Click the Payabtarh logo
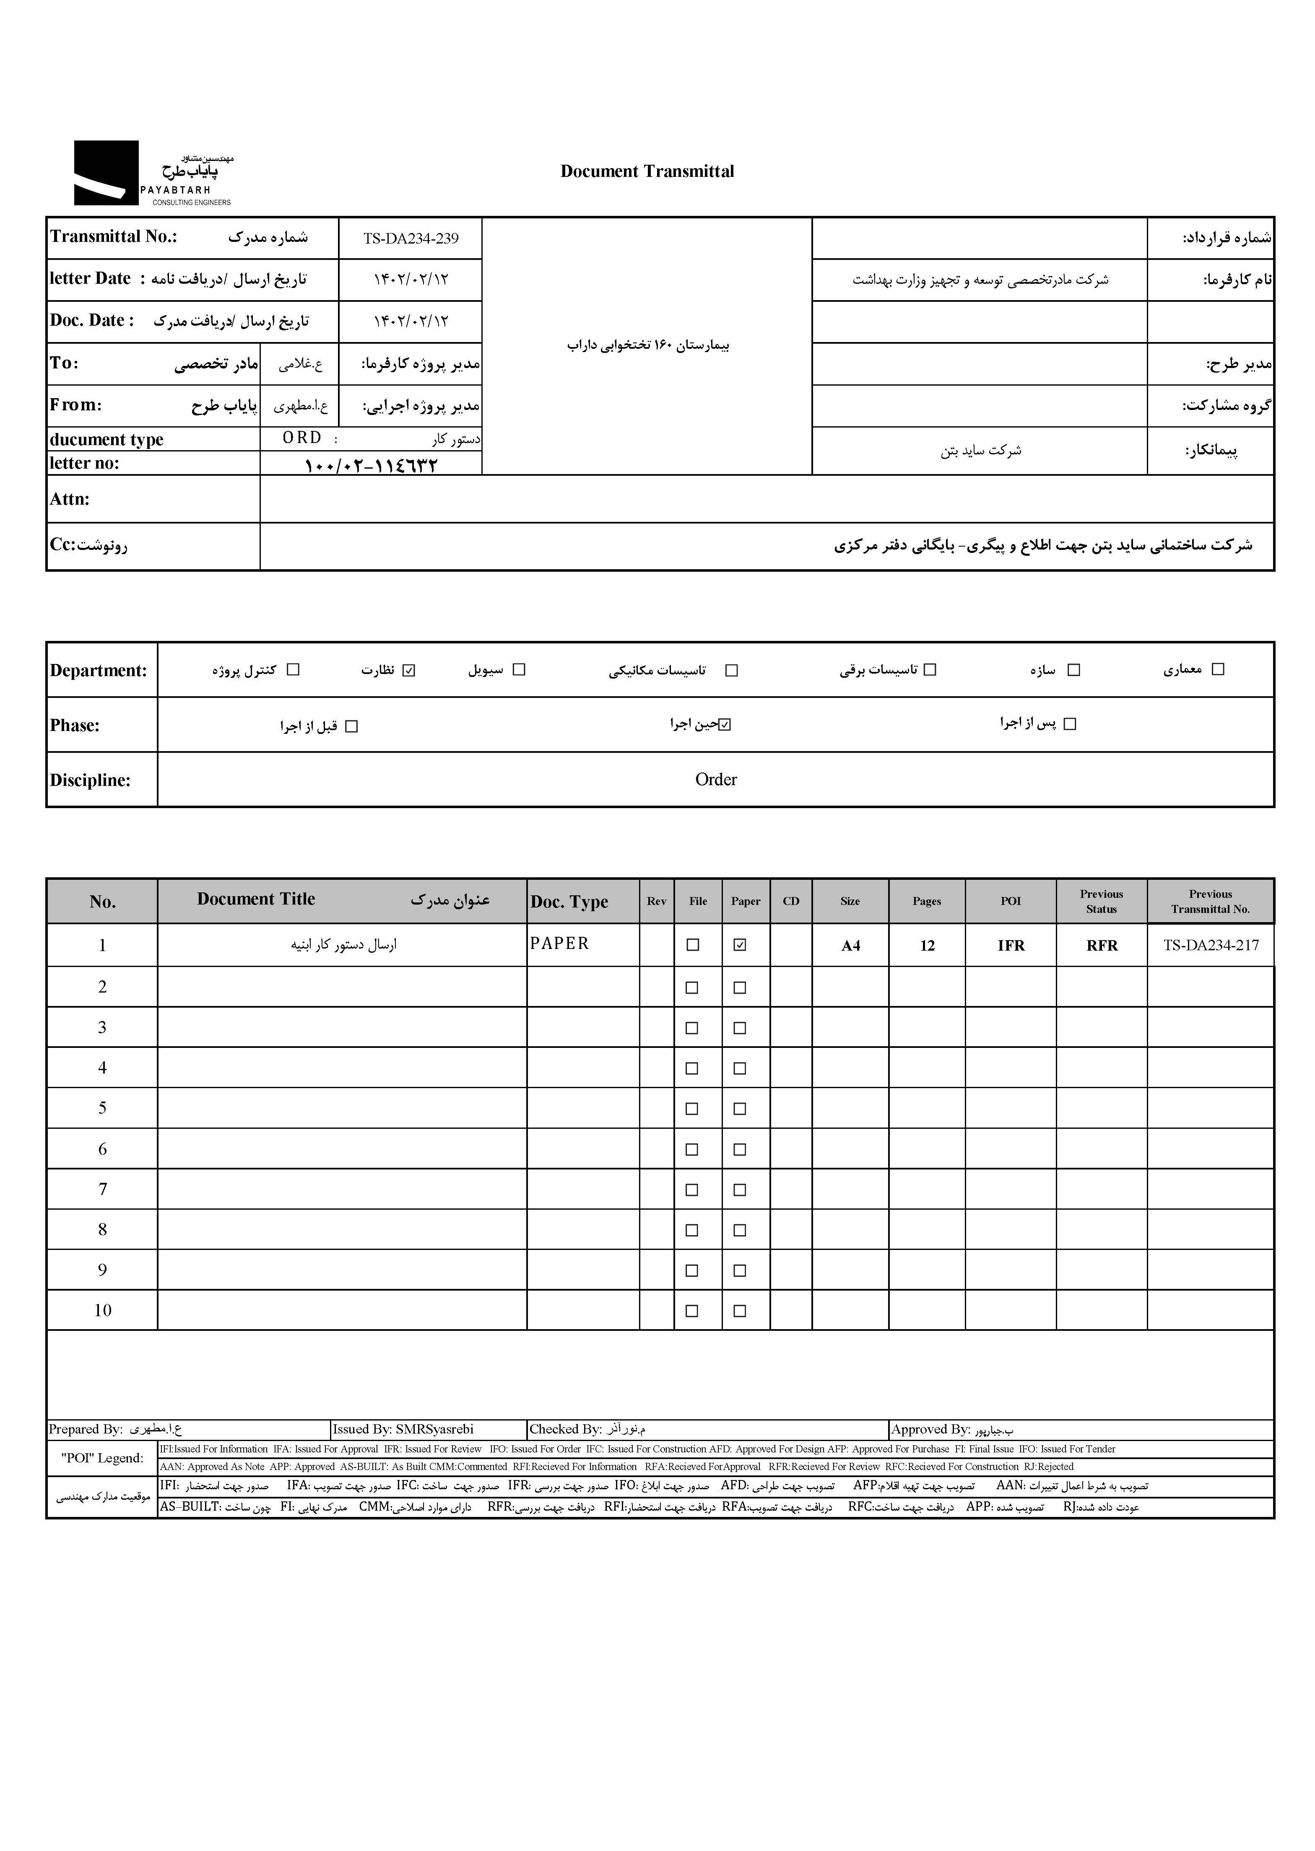point(152,173)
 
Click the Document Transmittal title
point(647,171)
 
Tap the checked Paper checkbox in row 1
point(739,944)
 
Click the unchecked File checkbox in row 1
point(692,944)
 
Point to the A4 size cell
point(850,945)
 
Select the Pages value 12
point(927,945)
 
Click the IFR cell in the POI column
point(1011,945)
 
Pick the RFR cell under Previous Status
point(1101,945)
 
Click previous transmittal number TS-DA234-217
point(1211,945)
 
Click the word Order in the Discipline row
point(716,779)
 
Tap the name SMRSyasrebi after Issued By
point(435,1429)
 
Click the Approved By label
point(930,1429)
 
